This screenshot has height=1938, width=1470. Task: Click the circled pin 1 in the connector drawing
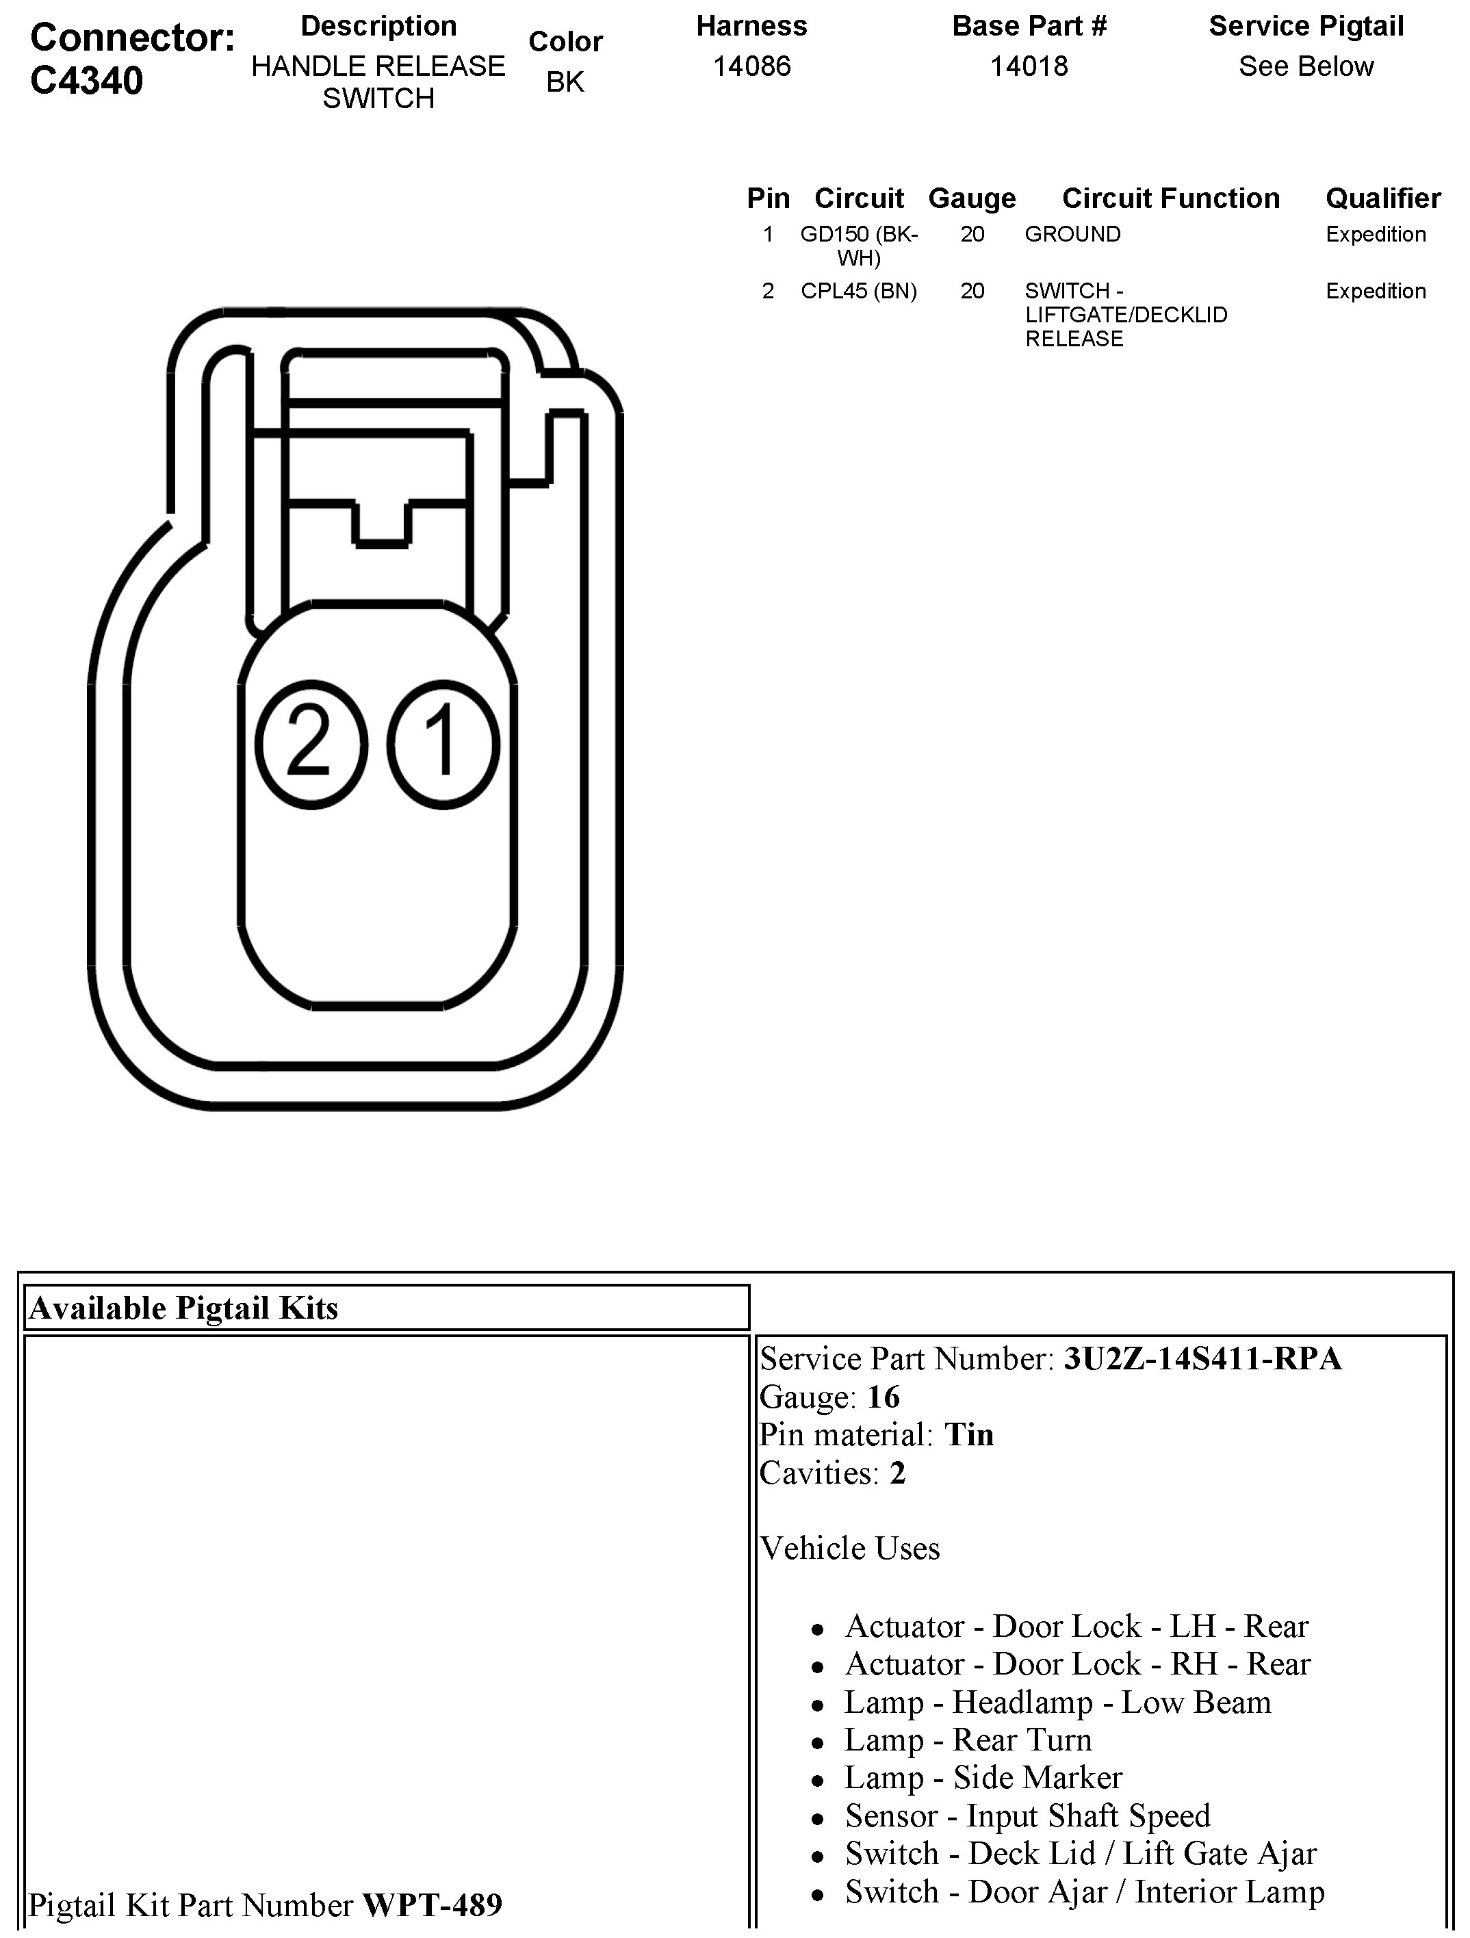click(x=443, y=744)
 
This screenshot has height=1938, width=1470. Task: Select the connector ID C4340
click(x=87, y=81)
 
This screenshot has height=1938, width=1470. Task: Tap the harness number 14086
click(x=751, y=66)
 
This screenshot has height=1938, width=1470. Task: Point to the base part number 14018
click(x=1029, y=66)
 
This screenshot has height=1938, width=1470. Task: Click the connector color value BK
click(x=565, y=81)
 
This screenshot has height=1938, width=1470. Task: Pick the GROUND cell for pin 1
click(x=1073, y=234)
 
